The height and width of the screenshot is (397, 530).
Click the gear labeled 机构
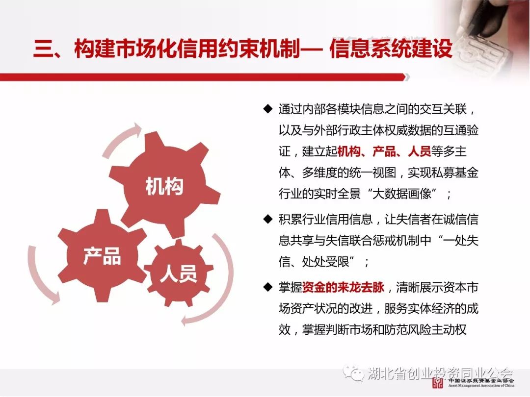tap(164, 186)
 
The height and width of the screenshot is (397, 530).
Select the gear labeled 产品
tap(102, 255)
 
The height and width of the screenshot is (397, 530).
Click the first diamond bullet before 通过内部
tap(268, 109)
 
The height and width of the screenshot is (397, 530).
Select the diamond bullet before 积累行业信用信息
tap(268, 219)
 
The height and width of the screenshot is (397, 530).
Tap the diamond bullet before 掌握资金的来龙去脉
tap(268, 287)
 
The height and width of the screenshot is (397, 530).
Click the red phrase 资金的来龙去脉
tap(344, 287)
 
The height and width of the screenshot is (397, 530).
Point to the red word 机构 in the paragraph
tap(349, 151)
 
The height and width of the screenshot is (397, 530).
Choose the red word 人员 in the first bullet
tap(419, 151)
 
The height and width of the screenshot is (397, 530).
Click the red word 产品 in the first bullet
tap(384, 151)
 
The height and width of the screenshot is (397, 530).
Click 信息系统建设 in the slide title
tap(391, 48)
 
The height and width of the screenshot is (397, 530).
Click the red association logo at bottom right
tap(438, 382)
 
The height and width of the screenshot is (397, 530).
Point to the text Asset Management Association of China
tap(481, 385)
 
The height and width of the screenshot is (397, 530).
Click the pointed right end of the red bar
tap(408, 77)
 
